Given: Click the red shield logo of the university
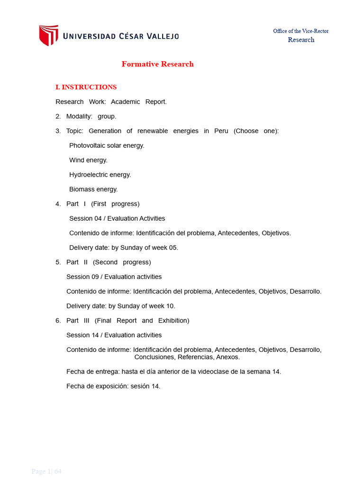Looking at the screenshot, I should pos(48,36).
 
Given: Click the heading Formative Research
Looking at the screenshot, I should pos(157,64).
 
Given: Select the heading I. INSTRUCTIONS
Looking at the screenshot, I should pos(86,87).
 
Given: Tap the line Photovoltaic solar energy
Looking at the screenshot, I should pos(107,145).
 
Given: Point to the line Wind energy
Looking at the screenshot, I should pos(88,160).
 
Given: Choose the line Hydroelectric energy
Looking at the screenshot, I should pos(100,175).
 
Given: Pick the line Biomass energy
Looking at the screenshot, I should pos(93,189).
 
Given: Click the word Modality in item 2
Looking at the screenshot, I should pos(79,117).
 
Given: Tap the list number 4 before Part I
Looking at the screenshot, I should pos(58,204).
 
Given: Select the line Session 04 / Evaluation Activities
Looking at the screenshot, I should pos(117,219).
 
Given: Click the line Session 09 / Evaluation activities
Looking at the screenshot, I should pos(114,277).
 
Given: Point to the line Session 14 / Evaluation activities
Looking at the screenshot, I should pos(114,335).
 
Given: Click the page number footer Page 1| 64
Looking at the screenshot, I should pos(46,471).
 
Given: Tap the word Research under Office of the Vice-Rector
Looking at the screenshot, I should pos(301,40).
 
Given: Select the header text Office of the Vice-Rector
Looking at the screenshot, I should pos(300,31).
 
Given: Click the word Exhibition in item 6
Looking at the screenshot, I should pos(173,321).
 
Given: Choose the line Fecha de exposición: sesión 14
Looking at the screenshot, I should pos(113,386).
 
